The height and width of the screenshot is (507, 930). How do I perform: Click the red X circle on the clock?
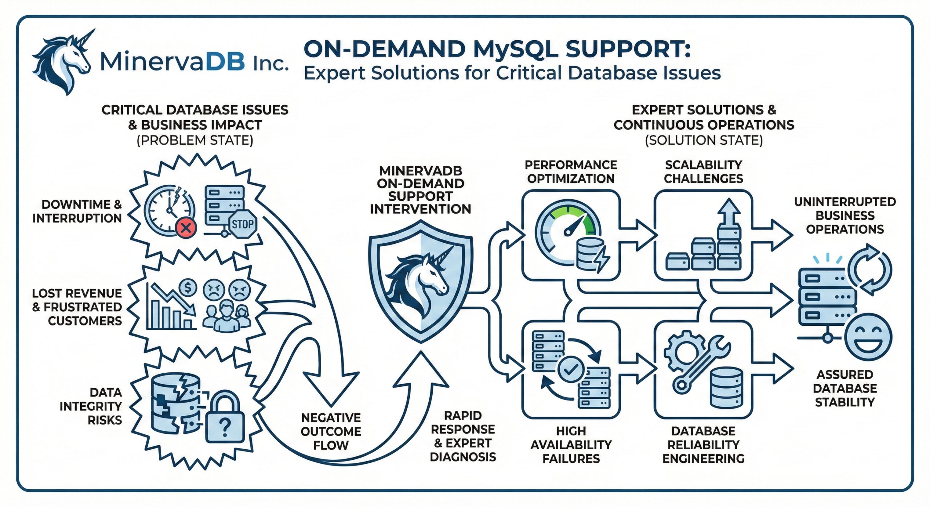tap(186, 228)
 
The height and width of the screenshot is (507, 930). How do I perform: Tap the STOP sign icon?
tap(243, 224)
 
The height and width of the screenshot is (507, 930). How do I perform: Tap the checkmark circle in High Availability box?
tap(571, 369)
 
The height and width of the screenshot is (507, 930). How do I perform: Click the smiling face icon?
tap(868, 336)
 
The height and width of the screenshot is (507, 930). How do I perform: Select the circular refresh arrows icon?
tap(869, 269)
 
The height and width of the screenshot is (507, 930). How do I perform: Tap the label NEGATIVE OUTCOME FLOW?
tap(331, 431)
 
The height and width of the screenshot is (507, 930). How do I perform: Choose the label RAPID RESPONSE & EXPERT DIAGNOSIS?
tap(463, 436)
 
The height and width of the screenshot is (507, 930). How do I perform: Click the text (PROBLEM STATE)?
tap(195, 140)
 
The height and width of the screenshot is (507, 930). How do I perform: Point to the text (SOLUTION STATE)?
tap(704, 140)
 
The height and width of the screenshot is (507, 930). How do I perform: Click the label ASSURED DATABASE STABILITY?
tap(845, 388)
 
